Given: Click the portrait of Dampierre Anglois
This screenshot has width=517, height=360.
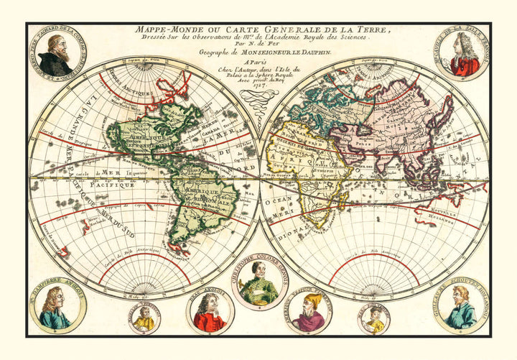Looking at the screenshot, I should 56,307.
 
